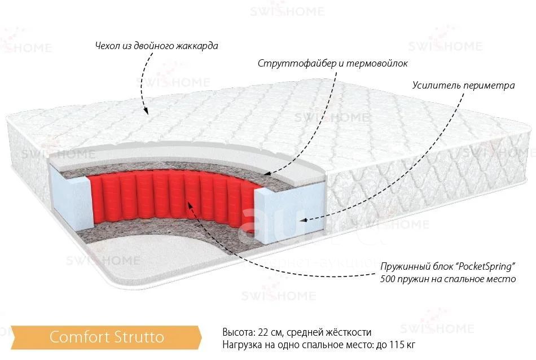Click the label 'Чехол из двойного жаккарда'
click(x=156, y=46)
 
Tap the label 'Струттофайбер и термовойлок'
click(x=333, y=64)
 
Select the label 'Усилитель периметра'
click(x=464, y=85)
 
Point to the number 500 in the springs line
click(x=388, y=279)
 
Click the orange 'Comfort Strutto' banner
click(x=106, y=337)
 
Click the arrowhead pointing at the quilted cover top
click(x=146, y=111)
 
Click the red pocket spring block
click(x=171, y=196)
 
